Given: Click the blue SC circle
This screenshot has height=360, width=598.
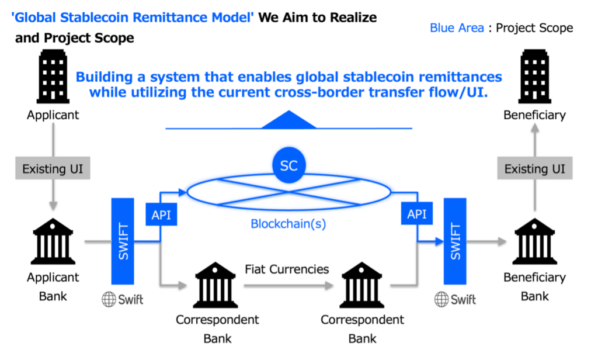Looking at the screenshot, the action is click(x=288, y=165).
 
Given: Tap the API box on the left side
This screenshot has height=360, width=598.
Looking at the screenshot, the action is click(x=161, y=214).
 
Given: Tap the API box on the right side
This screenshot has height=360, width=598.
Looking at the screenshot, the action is click(x=417, y=213).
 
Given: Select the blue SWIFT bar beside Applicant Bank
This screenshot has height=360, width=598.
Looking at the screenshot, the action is click(x=123, y=241).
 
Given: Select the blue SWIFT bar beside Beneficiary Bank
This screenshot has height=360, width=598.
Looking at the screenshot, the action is click(x=455, y=241).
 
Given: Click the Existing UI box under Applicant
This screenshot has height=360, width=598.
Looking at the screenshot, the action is click(x=53, y=168).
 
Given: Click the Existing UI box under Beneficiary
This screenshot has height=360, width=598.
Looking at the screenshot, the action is click(x=535, y=168).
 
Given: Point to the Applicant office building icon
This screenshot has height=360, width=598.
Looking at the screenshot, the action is click(x=53, y=77).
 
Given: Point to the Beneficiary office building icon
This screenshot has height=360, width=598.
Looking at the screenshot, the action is click(x=535, y=77).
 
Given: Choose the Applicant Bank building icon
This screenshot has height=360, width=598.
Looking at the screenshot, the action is click(x=53, y=241).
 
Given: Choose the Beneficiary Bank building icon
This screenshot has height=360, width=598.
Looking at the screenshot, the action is click(x=535, y=241).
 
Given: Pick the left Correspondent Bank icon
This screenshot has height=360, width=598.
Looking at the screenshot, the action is click(x=215, y=285).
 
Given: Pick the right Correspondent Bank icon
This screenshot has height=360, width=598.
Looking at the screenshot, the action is click(x=362, y=285).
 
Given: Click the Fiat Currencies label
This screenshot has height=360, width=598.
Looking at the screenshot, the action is click(x=287, y=269).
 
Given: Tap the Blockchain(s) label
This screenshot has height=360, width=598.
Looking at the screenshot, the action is click(x=288, y=224).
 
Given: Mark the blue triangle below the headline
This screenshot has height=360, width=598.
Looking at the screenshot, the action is click(x=288, y=120).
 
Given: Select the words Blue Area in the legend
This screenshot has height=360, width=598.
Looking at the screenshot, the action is click(x=457, y=28).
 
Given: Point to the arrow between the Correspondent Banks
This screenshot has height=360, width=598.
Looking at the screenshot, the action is click(x=288, y=285).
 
